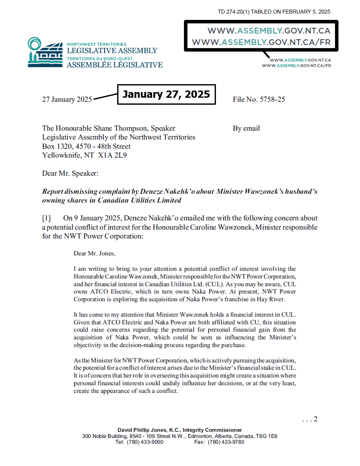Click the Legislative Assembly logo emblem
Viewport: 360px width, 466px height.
point(45,52)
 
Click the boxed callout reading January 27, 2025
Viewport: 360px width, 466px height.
point(166,94)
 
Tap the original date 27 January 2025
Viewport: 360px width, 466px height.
point(67,99)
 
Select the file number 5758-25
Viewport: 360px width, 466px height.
point(272,99)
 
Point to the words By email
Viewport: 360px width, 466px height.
point(246,128)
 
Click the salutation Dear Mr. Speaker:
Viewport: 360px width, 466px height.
point(70,173)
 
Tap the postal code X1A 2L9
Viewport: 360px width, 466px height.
point(112,155)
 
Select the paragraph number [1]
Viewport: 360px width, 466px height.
point(46,218)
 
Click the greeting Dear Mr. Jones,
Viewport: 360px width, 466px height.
point(94,253)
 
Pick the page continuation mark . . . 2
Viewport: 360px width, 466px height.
point(310,419)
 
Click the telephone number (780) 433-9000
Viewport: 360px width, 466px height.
point(145,442)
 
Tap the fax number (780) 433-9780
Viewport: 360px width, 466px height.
point(226,442)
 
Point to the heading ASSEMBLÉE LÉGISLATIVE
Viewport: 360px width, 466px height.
point(115,65)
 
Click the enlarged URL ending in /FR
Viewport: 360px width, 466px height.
point(261,42)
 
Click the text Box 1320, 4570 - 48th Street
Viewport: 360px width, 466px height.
point(86,146)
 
